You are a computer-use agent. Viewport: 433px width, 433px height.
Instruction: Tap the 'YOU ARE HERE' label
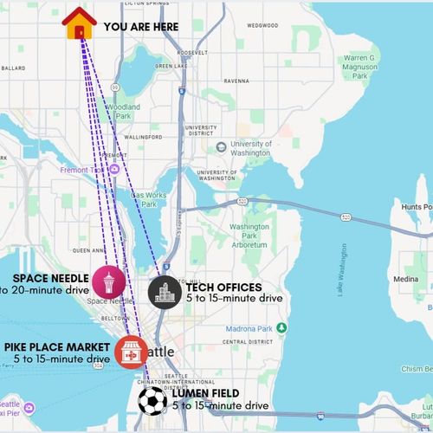point(141,27)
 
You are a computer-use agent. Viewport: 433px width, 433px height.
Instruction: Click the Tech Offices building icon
point(164,292)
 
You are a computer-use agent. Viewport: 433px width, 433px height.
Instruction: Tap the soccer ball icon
point(153,400)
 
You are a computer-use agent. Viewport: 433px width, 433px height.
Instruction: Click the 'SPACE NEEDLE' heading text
point(50,278)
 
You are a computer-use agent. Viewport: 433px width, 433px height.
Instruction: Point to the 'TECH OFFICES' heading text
point(223,287)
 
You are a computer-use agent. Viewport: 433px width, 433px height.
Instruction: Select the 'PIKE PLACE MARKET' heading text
point(56,346)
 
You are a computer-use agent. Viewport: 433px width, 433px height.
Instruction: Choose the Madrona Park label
point(256,329)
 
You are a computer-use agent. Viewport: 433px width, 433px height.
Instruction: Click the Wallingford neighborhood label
point(143,137)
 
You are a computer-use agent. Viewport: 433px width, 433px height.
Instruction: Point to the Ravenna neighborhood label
point(236,81)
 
